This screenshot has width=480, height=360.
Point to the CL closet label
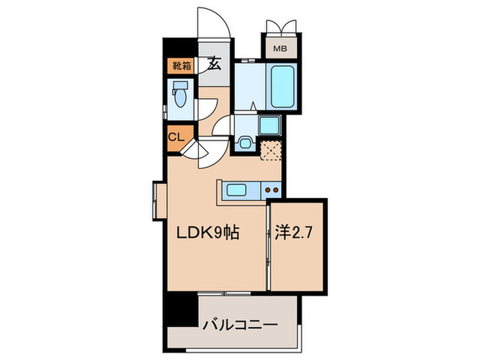[176, 136]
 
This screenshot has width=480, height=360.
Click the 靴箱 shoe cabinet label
[180, 66]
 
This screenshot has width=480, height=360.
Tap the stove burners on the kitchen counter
[272, 190]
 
